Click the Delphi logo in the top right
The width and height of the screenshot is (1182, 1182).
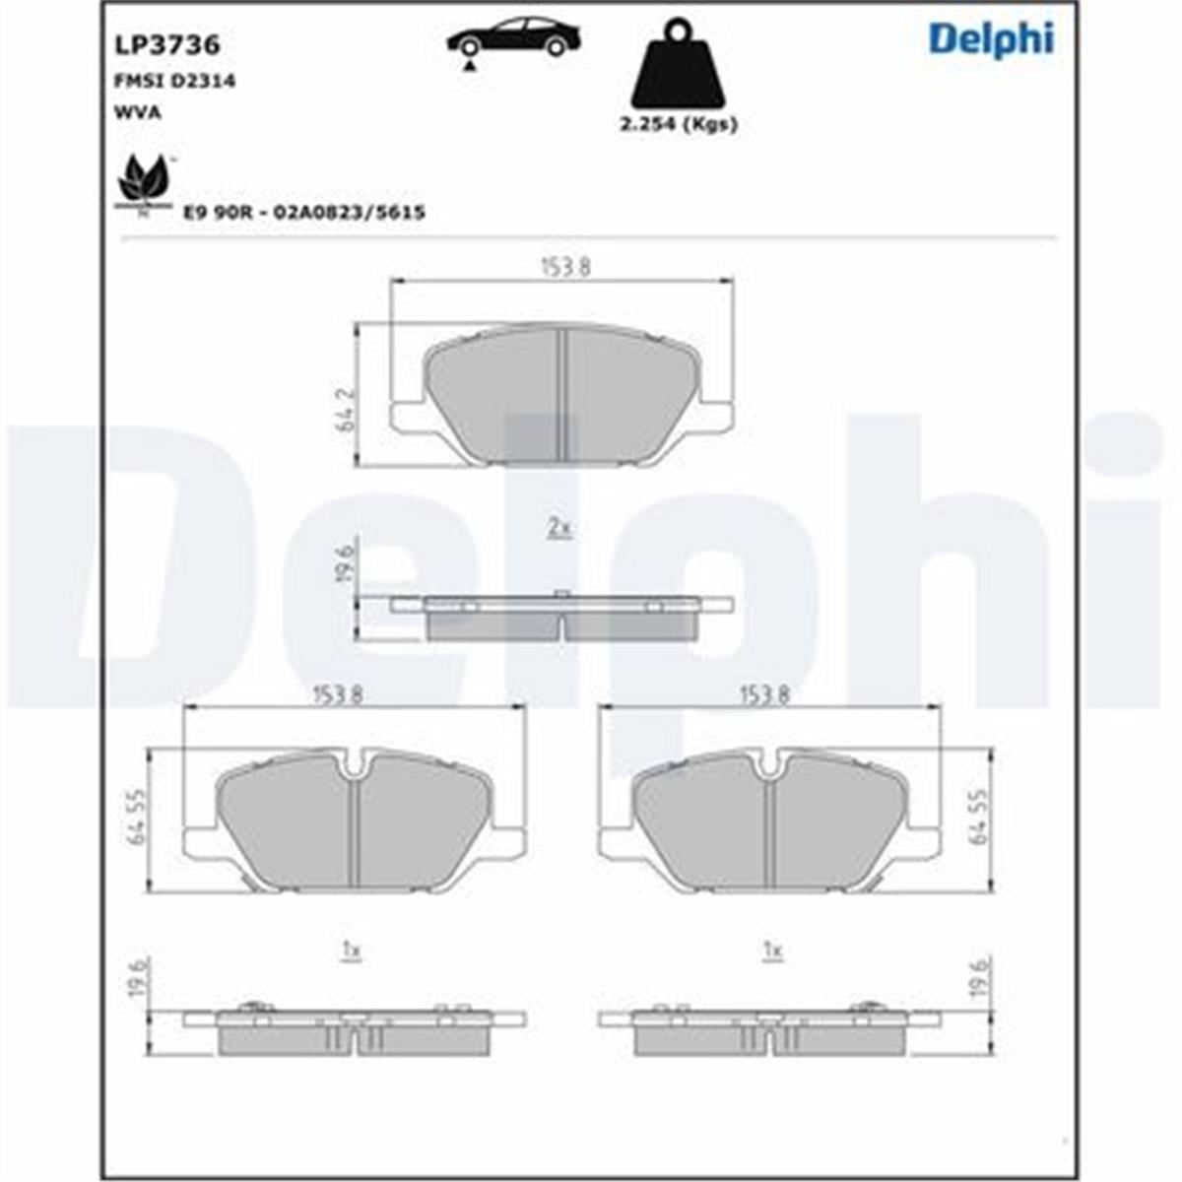990,39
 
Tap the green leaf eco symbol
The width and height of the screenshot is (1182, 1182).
143,182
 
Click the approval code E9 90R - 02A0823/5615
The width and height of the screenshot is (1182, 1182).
304,212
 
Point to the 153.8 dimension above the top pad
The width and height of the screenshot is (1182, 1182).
564,267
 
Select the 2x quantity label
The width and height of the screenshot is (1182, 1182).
559,529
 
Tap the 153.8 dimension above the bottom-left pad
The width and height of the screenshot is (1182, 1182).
339,694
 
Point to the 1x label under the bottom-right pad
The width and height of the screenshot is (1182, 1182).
772,952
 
